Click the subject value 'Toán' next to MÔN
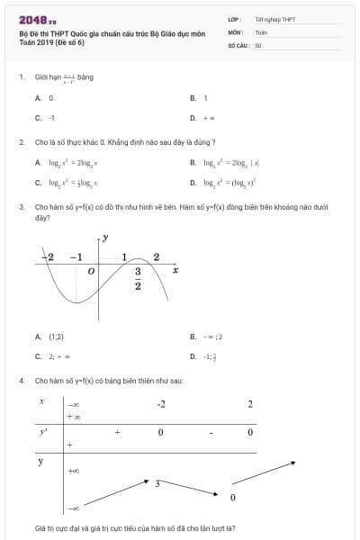(x=261, y=31)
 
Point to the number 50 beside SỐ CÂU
(x=258, y=44)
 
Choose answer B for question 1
(x=205, y=97)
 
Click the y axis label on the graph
(x=105, y=238)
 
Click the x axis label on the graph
(x=175, y=270)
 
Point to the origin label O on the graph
(x=90, y=270)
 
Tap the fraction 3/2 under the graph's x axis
(x=139, y=278)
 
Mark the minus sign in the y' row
(x=210, y=433)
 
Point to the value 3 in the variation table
(x=157, y=483)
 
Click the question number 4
(x=21, y=381)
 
